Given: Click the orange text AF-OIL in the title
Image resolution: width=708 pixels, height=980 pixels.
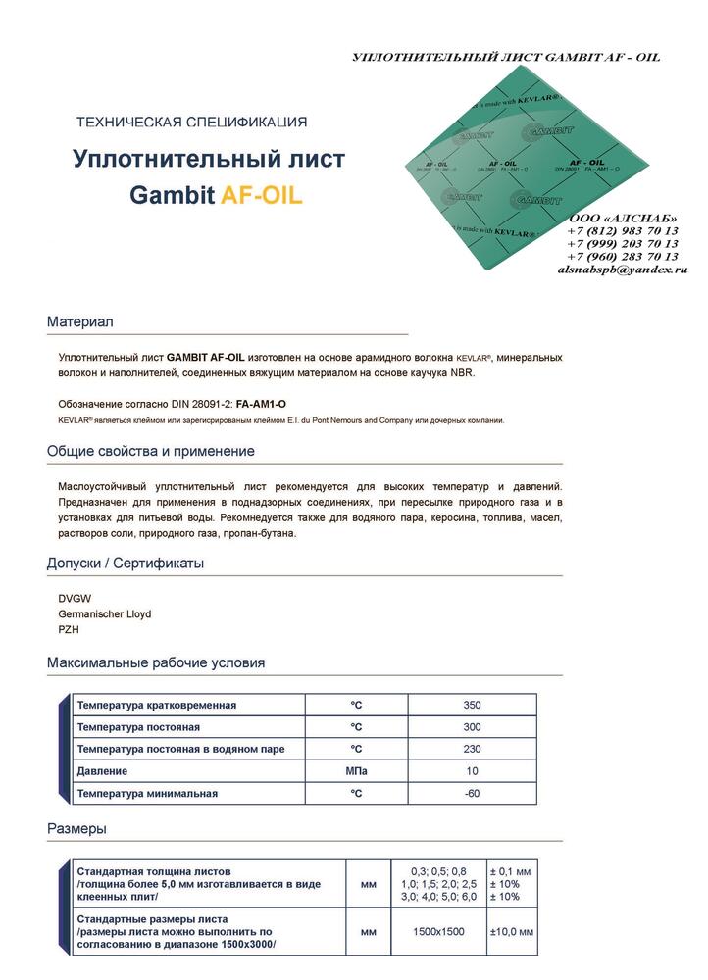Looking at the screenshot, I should [x=262, y=195].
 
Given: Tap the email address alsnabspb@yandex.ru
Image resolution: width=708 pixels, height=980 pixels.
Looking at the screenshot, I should [x=622, y=269].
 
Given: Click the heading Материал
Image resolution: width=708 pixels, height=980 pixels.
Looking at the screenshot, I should [x=80, y=321].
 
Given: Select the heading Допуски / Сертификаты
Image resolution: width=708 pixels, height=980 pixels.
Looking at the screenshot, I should [x=125, y=563].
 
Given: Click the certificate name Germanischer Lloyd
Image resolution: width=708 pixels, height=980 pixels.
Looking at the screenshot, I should [x=105, y=613].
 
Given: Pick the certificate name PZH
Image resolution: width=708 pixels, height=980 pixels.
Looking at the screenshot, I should [x=70, y=630].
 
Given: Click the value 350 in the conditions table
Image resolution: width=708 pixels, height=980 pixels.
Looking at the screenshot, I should [x=472, y=705].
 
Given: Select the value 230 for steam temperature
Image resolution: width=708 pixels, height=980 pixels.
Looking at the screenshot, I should [x=472, y=749].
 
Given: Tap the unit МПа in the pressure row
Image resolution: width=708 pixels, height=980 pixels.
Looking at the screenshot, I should [x=356, y=771].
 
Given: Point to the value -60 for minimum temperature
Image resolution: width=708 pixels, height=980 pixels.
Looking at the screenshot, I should [x=472, y=793].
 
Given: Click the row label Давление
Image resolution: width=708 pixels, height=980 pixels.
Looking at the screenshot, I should [x=102, y=771].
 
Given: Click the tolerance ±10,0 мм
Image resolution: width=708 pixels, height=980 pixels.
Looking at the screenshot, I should [x=510, y=931].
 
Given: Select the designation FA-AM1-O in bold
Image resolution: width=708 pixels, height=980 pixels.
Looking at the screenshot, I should [x=262, y=404].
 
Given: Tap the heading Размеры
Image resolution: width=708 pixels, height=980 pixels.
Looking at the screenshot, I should [x=76, y=829].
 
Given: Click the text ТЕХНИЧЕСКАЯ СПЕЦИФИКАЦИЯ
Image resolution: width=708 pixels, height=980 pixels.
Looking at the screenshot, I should [x=191, y=122].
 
